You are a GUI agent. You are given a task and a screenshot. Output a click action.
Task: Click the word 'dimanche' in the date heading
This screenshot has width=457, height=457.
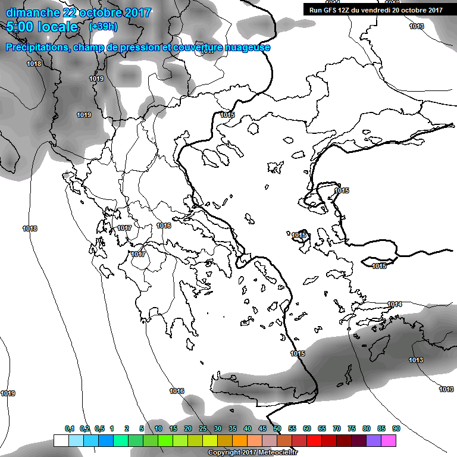point(32,12)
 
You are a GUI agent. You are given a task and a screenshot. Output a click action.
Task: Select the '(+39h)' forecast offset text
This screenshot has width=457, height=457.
point(102,27)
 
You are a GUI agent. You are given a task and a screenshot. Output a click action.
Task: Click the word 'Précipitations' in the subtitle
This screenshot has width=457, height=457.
point(36,48)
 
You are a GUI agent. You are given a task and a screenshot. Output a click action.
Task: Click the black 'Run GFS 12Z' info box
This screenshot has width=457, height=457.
point(376,10)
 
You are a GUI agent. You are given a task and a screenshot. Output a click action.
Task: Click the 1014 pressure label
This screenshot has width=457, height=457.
point(395,304)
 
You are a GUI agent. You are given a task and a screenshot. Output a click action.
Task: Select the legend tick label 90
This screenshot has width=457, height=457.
point(396,428)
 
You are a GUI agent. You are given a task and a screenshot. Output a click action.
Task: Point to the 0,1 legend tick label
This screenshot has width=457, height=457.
point(70,428)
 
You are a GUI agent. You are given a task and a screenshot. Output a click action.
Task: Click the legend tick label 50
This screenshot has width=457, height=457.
point(277,428)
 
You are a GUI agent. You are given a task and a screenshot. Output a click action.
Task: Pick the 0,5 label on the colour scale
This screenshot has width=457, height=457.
point(99,428)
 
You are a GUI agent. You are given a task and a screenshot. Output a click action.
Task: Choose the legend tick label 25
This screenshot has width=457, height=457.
point(202,428)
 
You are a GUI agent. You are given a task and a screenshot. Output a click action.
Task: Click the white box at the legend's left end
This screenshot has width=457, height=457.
point(61,440)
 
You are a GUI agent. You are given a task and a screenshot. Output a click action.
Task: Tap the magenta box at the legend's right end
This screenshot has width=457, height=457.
point(389,440)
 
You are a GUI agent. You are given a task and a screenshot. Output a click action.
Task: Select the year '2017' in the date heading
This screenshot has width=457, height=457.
point(138,12)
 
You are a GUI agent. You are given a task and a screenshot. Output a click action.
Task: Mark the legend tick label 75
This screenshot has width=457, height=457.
point(352,428)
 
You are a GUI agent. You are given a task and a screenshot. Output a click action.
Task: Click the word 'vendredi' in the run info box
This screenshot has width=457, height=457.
point(375,10)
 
